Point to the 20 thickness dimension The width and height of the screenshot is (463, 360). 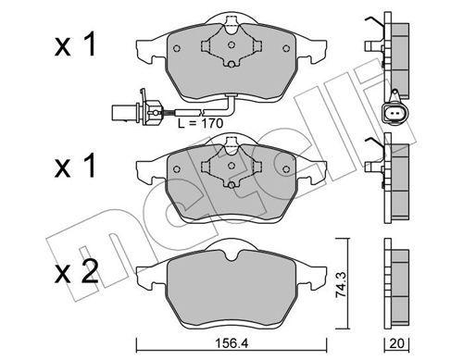399,341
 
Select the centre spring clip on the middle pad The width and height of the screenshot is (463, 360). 227,167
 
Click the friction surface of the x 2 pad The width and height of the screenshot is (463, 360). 231,287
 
